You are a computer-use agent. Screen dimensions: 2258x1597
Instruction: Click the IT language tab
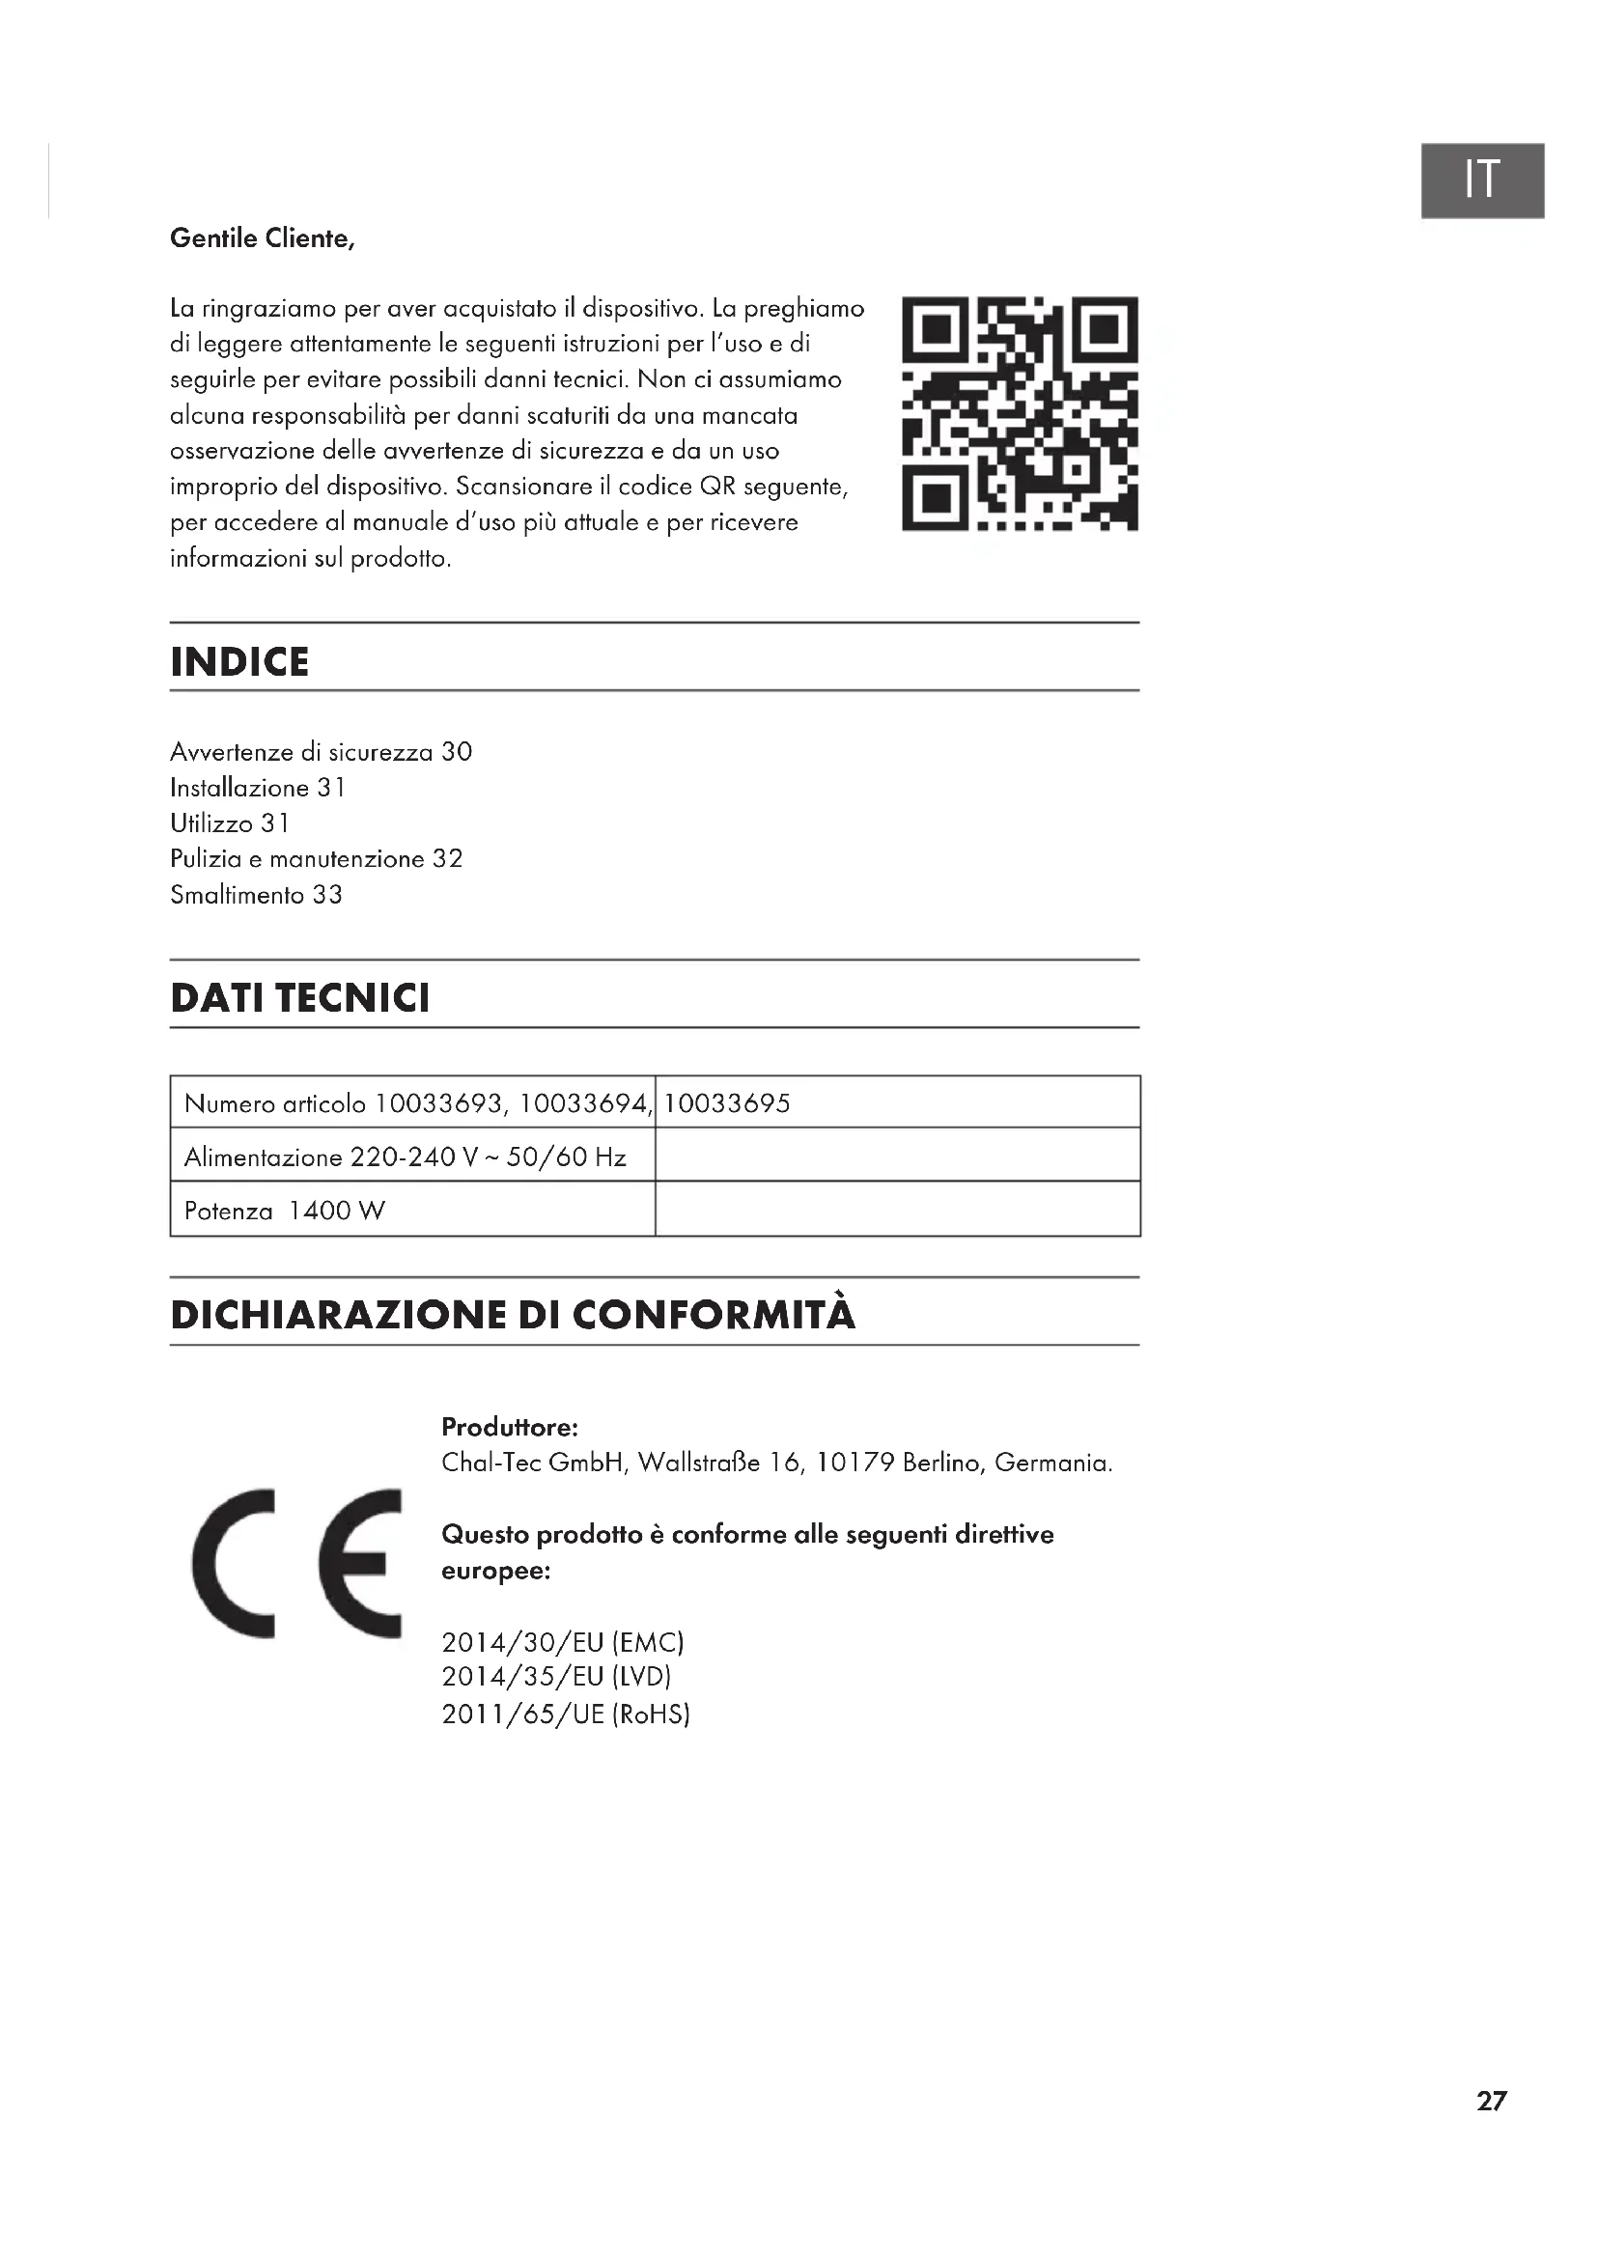pos(1481,180)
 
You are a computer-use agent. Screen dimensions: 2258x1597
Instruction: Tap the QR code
pos(1020,413)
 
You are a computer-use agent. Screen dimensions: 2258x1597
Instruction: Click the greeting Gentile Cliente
pos(262,238)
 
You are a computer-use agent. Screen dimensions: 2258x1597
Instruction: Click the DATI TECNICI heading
pos(300,998)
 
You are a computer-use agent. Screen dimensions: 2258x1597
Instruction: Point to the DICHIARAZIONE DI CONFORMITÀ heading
pos(513,1316)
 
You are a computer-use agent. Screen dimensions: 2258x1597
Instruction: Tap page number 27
pos(1491,2102)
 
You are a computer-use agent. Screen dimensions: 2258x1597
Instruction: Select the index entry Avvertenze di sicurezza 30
pos(321,752)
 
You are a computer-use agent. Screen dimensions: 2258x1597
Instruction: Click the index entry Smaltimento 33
pos(256,895)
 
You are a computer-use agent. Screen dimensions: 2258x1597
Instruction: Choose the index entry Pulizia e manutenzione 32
pos(316,859)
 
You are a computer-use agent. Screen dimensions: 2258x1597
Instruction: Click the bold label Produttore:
pos(510,1427)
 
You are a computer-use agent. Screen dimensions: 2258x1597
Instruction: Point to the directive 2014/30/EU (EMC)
pos(563,1642)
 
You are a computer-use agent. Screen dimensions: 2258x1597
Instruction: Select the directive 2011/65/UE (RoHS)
pos(566,1714)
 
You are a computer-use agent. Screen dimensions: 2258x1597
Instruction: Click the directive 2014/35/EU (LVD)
pos(556,1678)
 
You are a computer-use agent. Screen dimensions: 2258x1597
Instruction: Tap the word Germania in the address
pos(1052,1464)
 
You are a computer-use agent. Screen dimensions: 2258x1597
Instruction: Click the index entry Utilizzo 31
pos(229,823)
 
